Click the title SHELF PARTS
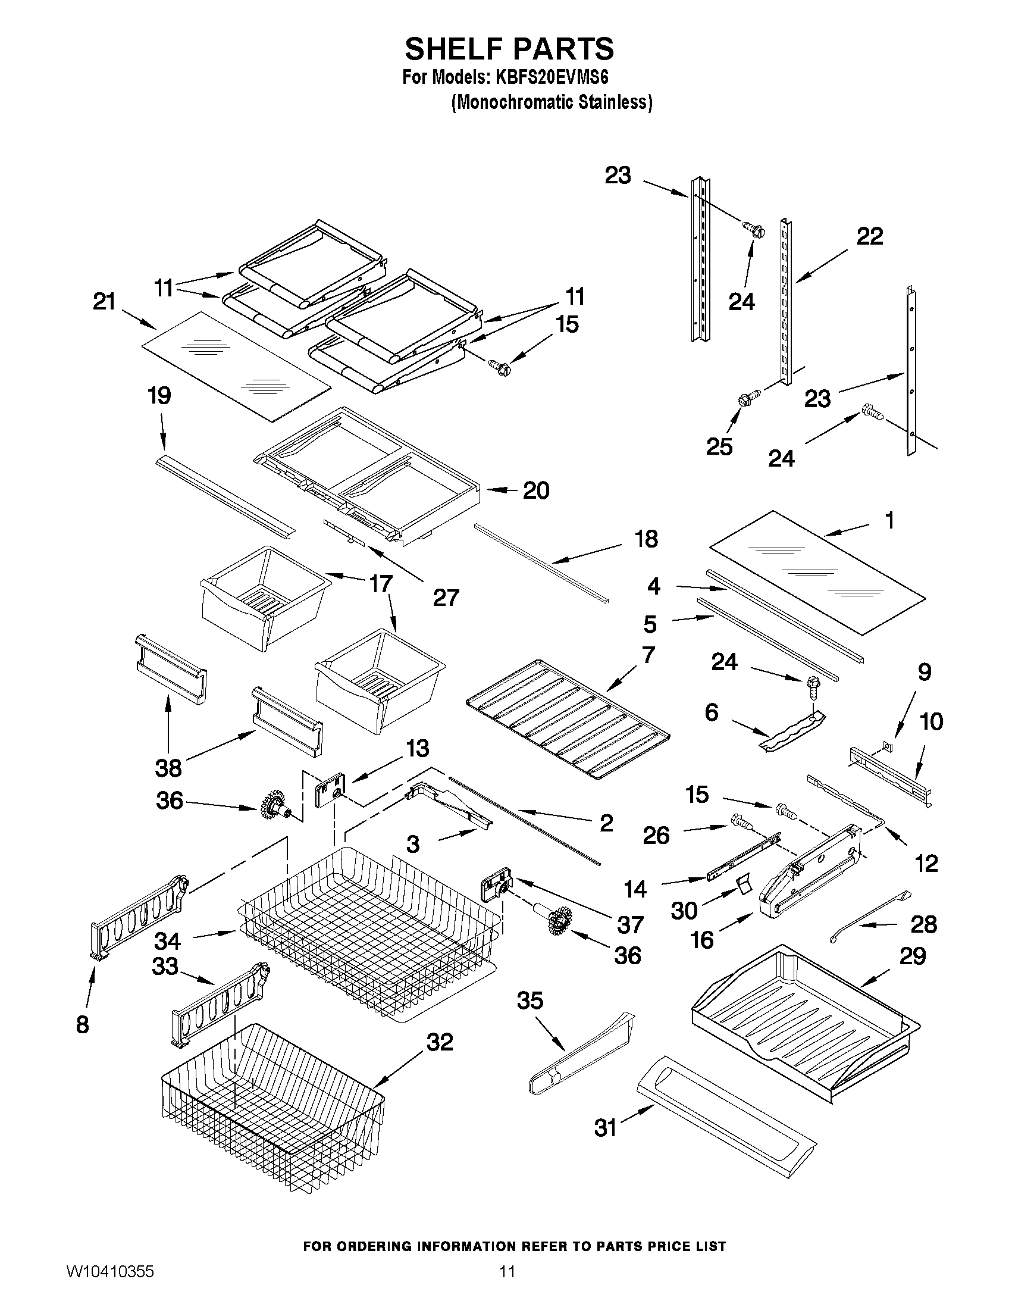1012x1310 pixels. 509,49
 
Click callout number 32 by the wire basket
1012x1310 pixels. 439,1042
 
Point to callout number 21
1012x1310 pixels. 104,301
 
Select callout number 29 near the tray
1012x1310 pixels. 913,955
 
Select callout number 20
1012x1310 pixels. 536,490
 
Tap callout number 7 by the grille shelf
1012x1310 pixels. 648,655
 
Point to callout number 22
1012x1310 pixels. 869,236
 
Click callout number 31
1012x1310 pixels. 606,1128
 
